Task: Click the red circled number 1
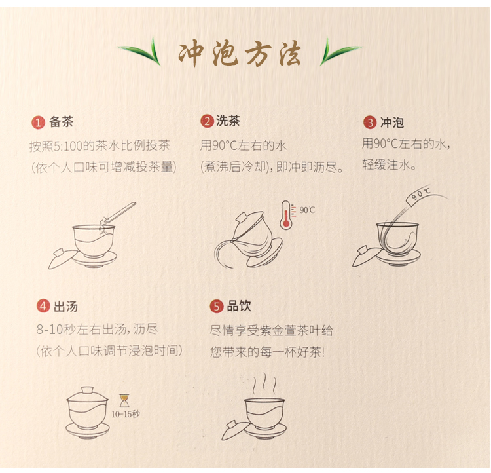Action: pyautogui.click(x=38, y=123)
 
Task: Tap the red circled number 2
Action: pyautogui.click(x=207, y=121)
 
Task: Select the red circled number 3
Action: pyautogui.click(x=370, y=123)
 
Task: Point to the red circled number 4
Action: pyautogui.click(x=43, y=306)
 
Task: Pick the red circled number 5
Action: pyautogui.click(x=217, y=306)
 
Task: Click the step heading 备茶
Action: pyautogui.click(x=61, y=122)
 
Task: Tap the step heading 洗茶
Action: pyautogui.click(x=228, y=121)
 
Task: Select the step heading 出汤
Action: pyautogui.click(x=65, y=307)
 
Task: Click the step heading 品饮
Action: pyautogui.click(x=239, y=306)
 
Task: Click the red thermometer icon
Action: pyautogui.click(x=285, y=215)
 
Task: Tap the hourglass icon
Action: pyautogui.click(x=124, y=401)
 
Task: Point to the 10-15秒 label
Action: pyautogui.click(x=126, y=415)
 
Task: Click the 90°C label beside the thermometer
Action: pyautogui.click(x=307, y=210)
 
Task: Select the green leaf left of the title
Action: pyautogui.click(x=139, y=52)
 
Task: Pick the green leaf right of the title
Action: pyautogui.click(x=340, y=52)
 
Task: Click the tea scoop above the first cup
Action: pyautogui.click(x=119, y=213)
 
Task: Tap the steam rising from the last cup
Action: pyautogui.click(x=265, y=383)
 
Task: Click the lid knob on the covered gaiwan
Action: pyautogui.click(x=87, y=390)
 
